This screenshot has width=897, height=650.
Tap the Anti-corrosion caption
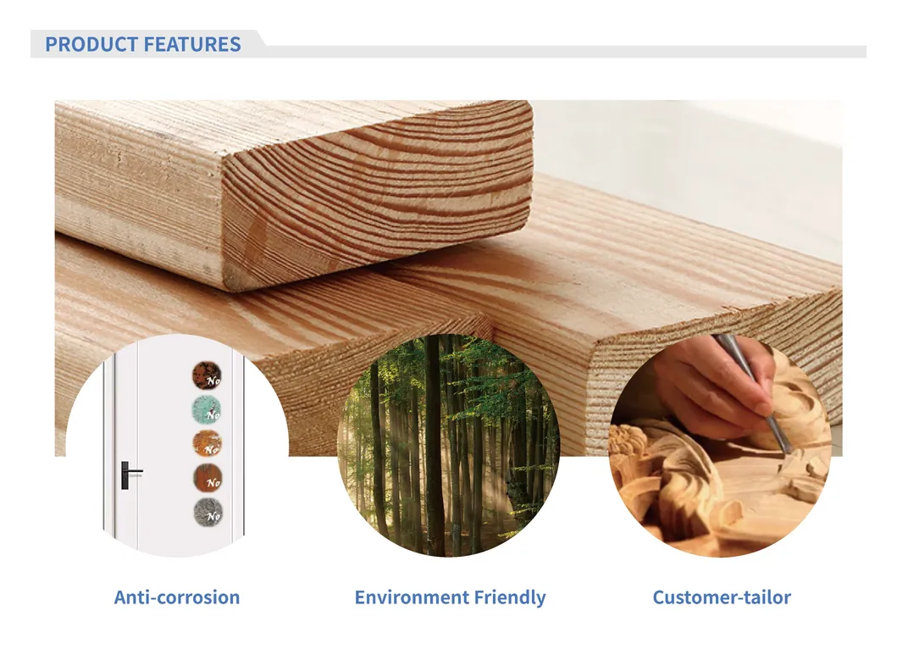(x=177, y=597)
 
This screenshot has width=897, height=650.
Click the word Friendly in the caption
(x=507, y=597)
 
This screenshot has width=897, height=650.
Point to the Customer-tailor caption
(x=722, y=597)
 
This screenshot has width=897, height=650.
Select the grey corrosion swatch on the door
(x=206, y=511)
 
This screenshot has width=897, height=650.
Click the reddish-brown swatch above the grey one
(x=206, y=477)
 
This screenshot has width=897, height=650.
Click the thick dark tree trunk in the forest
(x=433, y=441)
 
